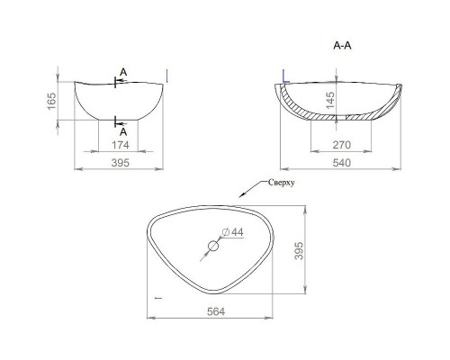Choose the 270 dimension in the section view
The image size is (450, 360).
pos(339,144)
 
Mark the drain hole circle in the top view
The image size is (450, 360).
pos(215,246)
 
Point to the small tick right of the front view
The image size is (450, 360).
pos(168,74)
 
